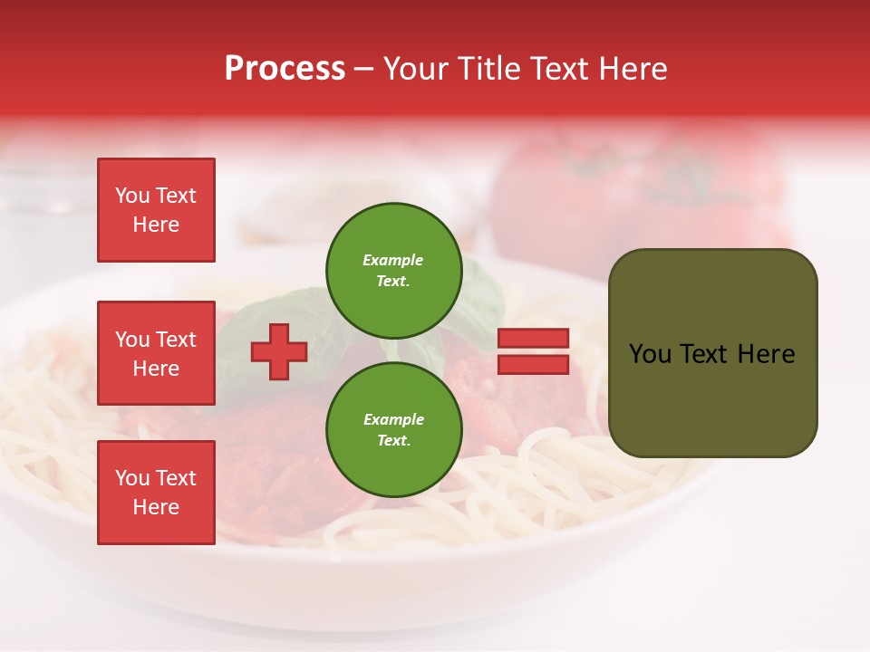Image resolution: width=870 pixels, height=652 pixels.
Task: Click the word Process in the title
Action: pyautogui.click(x=285, y=69)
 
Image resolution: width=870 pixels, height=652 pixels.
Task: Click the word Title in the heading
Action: pyautogui.click(x=487, y=69)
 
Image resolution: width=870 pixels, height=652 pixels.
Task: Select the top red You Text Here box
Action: pyautogui.click(x=156, y=210)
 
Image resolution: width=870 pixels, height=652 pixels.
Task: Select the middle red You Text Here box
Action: pyautogui.click(x=156, y=353)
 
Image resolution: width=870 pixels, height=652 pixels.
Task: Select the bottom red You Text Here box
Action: pyautogui.click(x=156, y=493)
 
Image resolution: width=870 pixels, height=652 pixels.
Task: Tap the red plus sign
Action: pyautogui.click(x=279, y=351)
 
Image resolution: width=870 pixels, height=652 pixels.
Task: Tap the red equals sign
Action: pyautogui.click(x=533, y=351)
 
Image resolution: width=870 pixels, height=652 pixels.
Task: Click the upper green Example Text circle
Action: pyautogui.click(x=393, y=270)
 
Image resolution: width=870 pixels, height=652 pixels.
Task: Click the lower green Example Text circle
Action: pyautogui.click(x=393, y=429)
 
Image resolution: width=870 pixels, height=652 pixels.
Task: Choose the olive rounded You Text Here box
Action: pyautogui.click(x=712, y=353)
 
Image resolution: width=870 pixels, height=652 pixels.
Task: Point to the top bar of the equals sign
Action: pyautogui.click(x=533, y=339)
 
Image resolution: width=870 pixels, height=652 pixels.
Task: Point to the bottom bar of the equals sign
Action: pyautogui.click(x=533, y=364)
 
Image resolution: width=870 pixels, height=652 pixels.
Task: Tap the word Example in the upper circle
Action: pyautogui.click(x=392, y=260)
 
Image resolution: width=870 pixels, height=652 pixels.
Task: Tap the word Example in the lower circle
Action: pyautogui.click(x=393, y=419)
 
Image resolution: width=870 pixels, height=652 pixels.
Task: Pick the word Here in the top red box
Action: pyautogui.click(x=156, y=225)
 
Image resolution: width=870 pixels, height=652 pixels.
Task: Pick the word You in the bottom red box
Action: pyautogui.click(x=132, y=478)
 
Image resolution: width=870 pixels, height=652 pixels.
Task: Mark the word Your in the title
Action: pyautogui.click(x=415, y=69)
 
